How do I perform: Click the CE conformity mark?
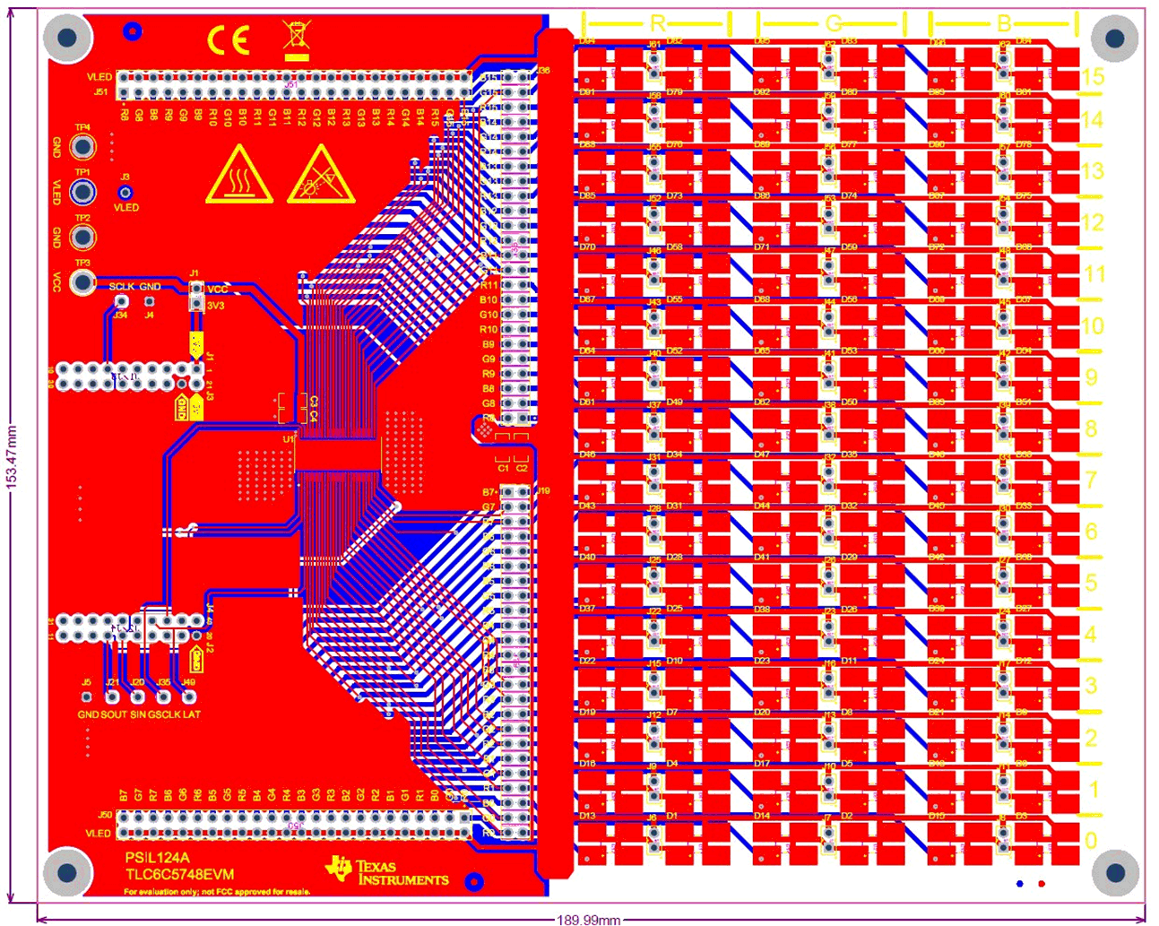click(229, 39)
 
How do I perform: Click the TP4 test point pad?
click(82, 146)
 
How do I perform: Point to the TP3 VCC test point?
click(82, 281)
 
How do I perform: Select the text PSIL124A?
click(157, 858)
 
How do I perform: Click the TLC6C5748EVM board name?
click(179, 874)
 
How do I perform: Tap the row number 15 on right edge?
click(1092, 77)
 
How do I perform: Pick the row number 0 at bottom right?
click(1091, 841)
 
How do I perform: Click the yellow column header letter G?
click(833, 23)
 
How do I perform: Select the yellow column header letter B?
click(1004, 23)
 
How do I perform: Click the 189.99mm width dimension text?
click(589, 919)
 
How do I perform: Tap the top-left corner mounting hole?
click(68, 38)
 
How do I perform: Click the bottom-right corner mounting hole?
click(1116, 871)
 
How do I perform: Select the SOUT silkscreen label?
click(114, 714)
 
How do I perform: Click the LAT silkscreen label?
click(192, 714)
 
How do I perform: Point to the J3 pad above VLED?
click(125, 193)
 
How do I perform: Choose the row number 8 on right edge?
click(1091, 428)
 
